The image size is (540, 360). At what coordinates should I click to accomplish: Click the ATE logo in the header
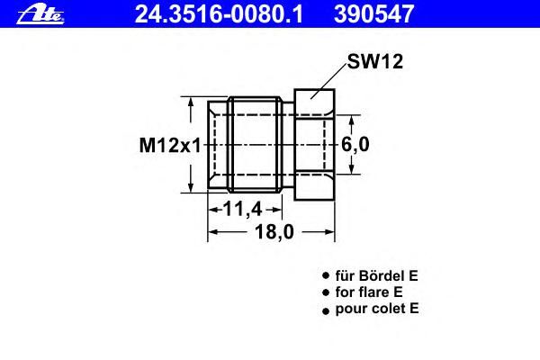pos(40,15)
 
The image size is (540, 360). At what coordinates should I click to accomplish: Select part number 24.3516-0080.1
pos(219,14)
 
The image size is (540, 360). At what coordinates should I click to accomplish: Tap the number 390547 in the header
pos(373,14)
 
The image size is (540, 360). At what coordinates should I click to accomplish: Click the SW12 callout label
pos(374,62)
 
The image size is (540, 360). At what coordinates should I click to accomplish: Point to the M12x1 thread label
pos(170,145)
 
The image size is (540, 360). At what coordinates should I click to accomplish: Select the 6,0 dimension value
pos(355,144)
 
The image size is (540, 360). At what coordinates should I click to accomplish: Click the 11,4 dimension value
pos(243,209)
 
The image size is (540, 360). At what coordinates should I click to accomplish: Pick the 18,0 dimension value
pos(274,231)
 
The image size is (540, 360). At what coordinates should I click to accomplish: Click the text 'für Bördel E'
pos(376,275)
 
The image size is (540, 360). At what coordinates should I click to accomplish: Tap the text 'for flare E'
pos(369,292)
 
